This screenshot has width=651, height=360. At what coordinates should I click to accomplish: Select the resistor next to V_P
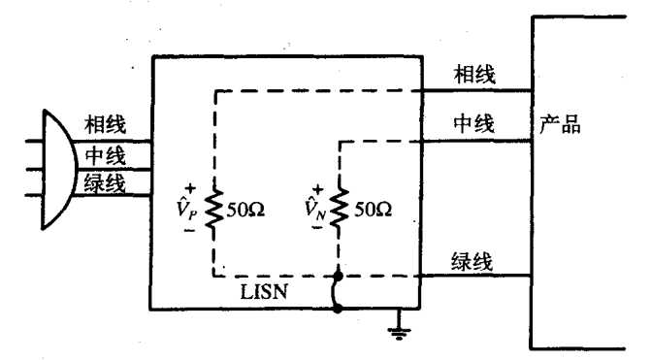click(213, 208)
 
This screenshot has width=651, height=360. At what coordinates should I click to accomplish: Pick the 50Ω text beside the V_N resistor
click(368, 209)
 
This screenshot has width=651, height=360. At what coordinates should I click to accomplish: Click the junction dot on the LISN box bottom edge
click(338, 311)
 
